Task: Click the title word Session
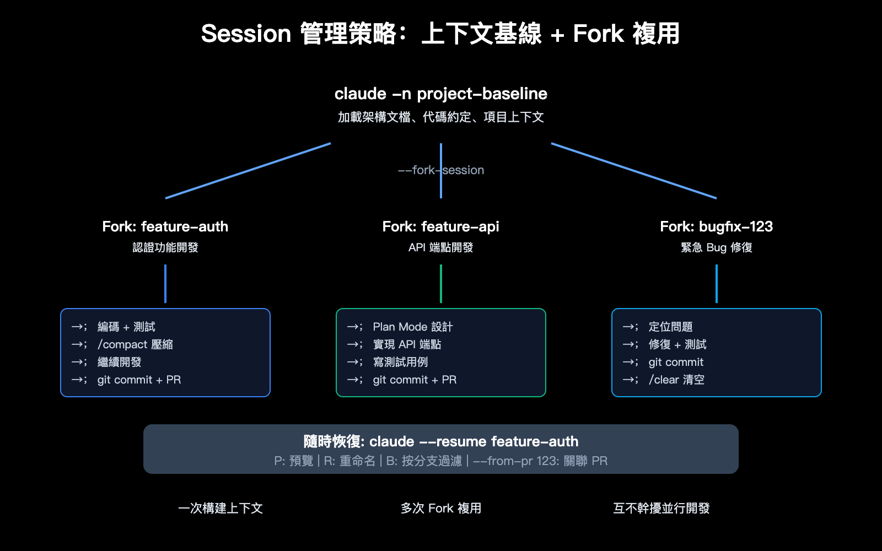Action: [x=246, y=34]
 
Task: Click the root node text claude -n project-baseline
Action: [x=440, y=94]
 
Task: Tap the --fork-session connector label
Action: [x=440, y=170]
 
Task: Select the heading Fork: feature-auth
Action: [x=165, y=226]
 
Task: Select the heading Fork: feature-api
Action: [x=440, y=226]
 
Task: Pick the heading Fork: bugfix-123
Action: [x=716, y=226]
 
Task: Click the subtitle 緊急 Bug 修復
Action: [x=716, y=247]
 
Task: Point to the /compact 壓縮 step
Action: [x=135, y=344]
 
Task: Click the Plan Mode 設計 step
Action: [x=412, y=327]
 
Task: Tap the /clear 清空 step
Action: [x=676, y=380]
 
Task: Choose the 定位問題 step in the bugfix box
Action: [x=670, y=327]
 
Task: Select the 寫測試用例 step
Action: [x=400, y=362]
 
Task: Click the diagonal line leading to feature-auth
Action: [x=248, y=171]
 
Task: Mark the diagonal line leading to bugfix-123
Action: [x=634, y=171]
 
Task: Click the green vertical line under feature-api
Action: [x=441, y=284]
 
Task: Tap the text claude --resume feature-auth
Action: [x=474, y=441]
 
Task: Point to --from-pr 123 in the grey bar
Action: [x=515, y=461]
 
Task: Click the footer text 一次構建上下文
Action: [x=220, y=508]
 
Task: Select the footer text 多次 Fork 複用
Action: [x=440, y=508]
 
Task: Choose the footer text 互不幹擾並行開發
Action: [x=661, y=508]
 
